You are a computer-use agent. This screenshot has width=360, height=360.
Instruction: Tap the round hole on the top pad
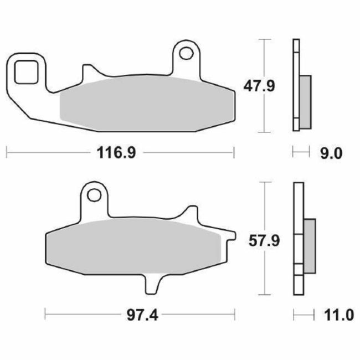click(x=188, y=54)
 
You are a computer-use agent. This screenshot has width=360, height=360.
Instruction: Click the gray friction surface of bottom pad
click(x=133, y=245)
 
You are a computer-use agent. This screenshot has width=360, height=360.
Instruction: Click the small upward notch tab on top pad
click(x=88, y=72)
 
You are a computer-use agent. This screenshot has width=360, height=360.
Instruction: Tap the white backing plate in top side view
click(x=295, y=85)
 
